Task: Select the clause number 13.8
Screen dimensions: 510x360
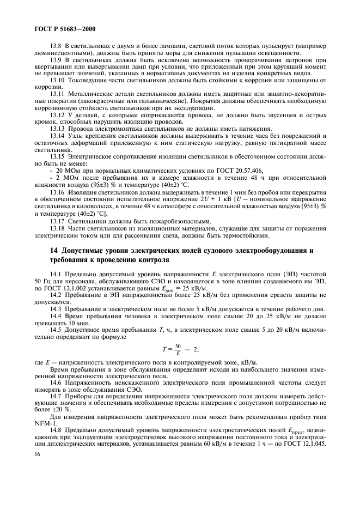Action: tap(57, 46)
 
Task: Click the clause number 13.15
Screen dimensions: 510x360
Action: tap(58, 156)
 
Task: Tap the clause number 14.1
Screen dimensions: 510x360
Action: tap(57, 274)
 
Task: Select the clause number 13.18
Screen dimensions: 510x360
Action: tap(58, 228)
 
